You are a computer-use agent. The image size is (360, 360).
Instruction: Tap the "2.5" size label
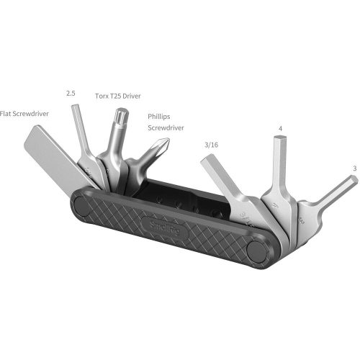(x=70, y=93)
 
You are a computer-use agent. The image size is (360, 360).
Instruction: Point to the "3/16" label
(x=212, y=145)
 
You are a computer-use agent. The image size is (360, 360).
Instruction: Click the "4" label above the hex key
(x=281, y=130)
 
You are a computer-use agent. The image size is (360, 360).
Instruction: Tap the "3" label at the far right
(x=354, y=168)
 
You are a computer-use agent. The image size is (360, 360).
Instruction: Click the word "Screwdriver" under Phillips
(x=166, y=127)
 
